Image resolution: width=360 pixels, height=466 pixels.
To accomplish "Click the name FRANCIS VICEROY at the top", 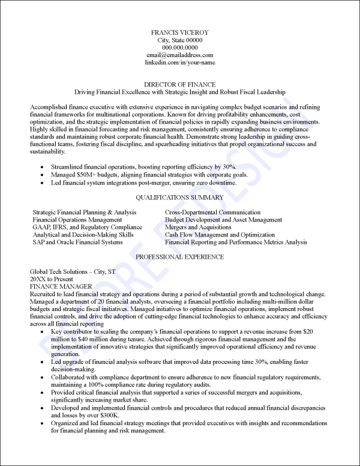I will tap(180, 32).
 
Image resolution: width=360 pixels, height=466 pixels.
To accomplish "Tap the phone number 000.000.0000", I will tap(180, 47).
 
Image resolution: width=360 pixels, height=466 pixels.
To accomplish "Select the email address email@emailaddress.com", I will tap(180, 55).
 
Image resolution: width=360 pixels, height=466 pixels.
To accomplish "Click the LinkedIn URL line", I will tap(180, 62).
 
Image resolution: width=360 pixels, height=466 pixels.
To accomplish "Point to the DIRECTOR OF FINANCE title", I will tap(180, 85).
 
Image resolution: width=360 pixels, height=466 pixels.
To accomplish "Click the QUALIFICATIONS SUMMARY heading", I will tap(180, 198).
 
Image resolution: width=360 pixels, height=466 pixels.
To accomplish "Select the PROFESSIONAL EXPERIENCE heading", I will tap(180, 257).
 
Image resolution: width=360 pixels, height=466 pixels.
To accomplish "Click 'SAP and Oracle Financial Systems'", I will tap(77, 243).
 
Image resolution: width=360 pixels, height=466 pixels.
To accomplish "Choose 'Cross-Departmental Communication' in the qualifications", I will tap(212, 213).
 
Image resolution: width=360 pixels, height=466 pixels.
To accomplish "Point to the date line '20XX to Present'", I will tap(52, 279).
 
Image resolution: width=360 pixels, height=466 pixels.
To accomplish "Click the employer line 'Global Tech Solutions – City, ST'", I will tap(73, 272).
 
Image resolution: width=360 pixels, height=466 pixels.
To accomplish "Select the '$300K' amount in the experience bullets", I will tap(109, 416).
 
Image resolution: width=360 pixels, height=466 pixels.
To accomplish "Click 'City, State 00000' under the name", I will tap(180, 40).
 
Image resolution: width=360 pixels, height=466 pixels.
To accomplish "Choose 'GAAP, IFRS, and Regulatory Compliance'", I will tap(88, 228).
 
